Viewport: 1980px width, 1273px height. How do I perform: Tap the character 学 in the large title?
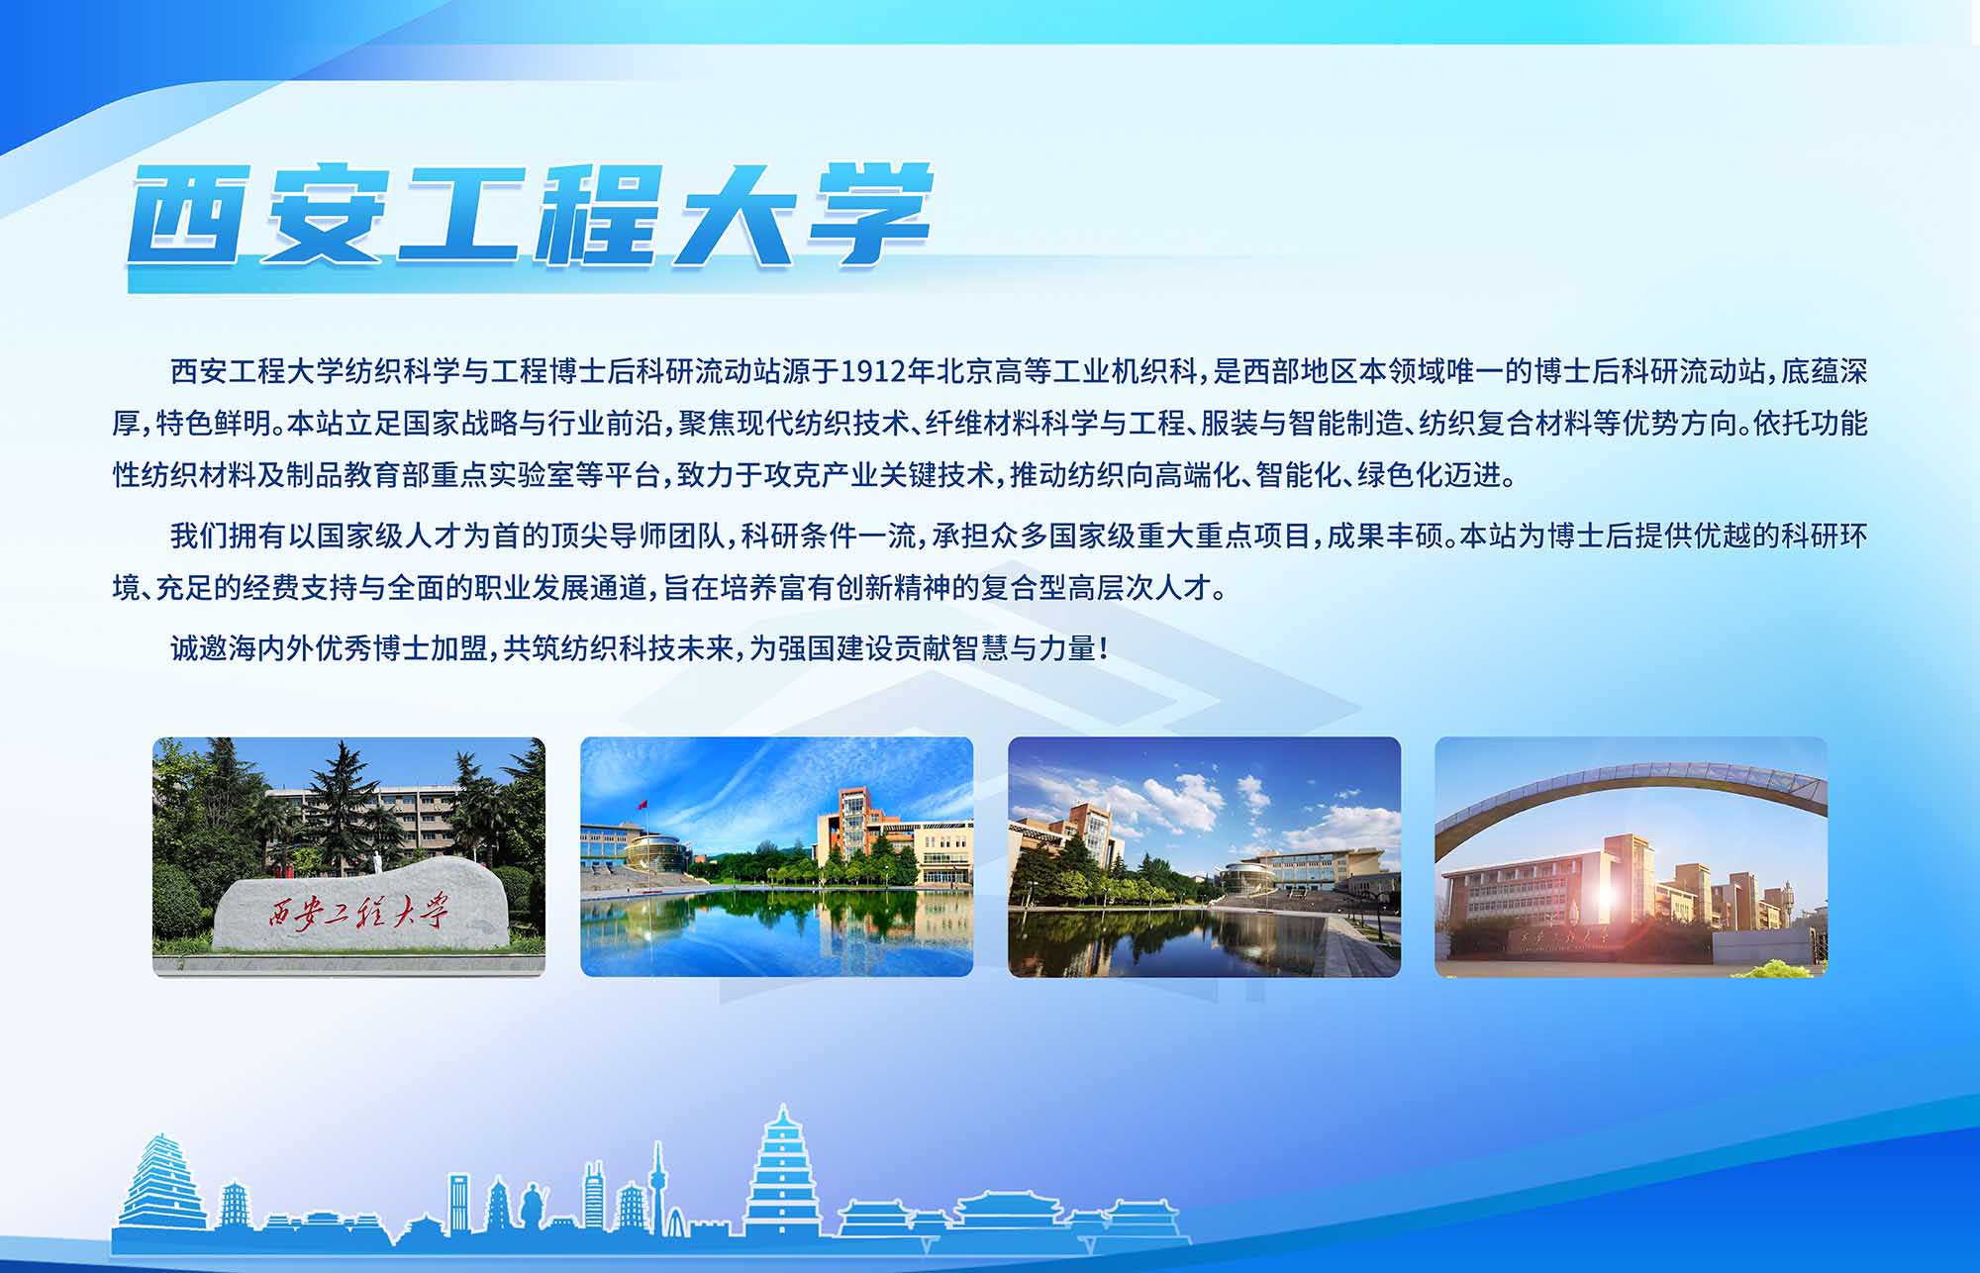click(869, 216)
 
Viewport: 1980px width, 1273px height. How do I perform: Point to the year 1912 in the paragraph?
click(873, 372)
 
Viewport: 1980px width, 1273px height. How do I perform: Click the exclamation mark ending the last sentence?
click(1103, 649)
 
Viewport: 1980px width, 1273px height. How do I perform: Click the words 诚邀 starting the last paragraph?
click(198, 649)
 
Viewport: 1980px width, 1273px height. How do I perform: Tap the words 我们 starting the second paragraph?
click(198, 537)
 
